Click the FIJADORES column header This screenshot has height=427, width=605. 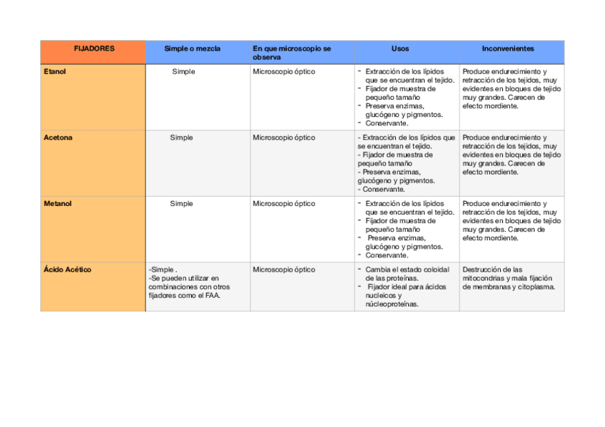pos(93,49)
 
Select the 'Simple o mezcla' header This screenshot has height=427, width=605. pos(192,49)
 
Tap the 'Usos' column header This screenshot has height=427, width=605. pos(400,49)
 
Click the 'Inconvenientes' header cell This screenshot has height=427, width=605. pos(507,49)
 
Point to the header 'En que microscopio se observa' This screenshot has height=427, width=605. pos(292,53)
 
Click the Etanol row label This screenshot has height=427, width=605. pos(55,72)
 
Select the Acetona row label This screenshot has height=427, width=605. pos(58,138)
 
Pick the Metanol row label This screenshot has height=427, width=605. pos(58,204)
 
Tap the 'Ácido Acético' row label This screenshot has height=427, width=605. pos(67,270)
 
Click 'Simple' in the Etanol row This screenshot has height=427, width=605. pos(183,72)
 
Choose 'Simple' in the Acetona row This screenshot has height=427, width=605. pos(181,138)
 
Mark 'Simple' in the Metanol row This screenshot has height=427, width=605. pos(181,204)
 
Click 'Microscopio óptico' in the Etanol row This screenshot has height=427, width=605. pos(283,72)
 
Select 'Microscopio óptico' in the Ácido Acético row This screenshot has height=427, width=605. pos(283,270)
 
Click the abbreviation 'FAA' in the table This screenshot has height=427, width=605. pos(212,295)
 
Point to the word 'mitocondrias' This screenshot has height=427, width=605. pos(483,279)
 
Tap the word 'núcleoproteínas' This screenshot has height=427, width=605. pos(392,304)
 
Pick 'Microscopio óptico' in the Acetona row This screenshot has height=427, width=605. pos(283,138)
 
